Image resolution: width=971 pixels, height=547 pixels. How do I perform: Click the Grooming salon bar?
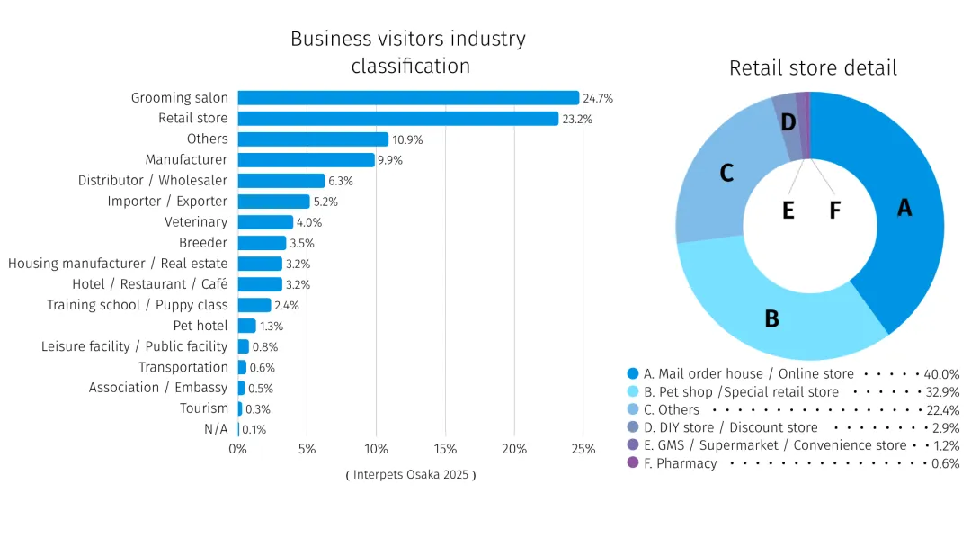[408, 98]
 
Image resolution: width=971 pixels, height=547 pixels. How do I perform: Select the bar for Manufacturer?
[306, 160]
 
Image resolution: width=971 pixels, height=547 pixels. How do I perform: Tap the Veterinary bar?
[265, 222]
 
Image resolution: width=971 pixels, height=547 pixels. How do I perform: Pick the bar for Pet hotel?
[247, 326]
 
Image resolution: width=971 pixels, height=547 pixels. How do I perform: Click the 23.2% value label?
[577, 119]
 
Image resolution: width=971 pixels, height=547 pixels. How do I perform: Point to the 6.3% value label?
[341, 181]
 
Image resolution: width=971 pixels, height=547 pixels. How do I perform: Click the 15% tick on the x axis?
[445, 449]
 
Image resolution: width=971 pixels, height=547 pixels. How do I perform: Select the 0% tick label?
[237, 449]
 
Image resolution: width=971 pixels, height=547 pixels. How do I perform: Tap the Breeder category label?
[203, 243]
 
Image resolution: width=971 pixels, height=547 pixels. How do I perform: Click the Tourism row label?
[204, 408]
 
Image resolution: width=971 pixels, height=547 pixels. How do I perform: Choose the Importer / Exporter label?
[167, 202]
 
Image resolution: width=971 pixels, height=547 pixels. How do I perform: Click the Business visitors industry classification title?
[408, 52]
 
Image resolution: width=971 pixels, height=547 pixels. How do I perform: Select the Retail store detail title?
[813, 68]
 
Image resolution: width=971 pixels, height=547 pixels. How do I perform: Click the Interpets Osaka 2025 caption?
[410, 475]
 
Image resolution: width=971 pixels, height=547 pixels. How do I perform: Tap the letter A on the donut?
[904, 208]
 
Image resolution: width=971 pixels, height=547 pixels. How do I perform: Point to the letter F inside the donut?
[834, 211]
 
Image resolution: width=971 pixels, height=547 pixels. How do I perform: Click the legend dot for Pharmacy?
[633, 463]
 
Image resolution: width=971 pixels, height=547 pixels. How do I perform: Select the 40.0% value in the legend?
[941, 374]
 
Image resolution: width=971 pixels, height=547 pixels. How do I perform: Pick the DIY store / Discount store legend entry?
[731, 427]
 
